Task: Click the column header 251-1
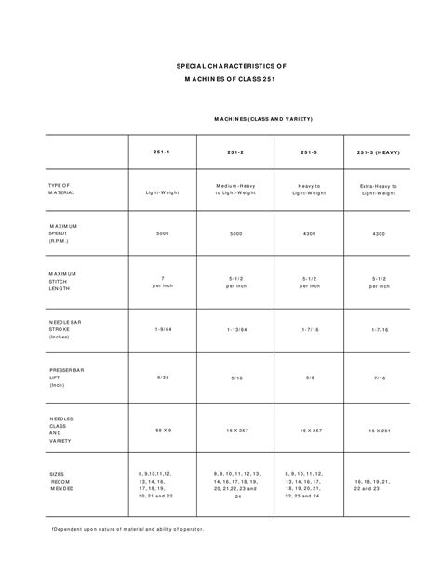click(163, 152)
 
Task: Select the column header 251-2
click(236, 152)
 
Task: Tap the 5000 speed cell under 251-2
click(236, 233)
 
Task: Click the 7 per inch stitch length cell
click(163, 282)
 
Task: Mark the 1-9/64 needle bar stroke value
click(163, 330)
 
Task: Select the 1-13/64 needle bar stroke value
click(236, 330)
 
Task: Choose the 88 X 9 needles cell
click(163, 431)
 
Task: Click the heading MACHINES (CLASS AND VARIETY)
click(263, 119)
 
